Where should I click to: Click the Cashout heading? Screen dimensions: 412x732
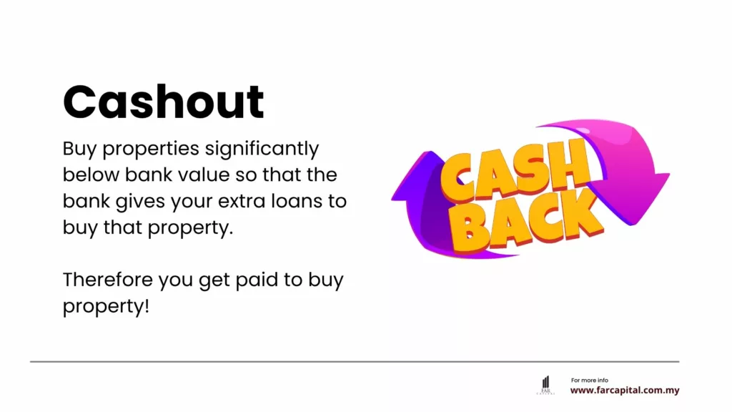coord(164,102)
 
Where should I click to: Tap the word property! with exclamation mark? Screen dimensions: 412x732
coord(107,306)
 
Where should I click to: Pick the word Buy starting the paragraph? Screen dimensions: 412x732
coord(79,149)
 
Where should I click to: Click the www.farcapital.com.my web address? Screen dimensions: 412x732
coord(624,391)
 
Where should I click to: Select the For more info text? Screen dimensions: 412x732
coord(590,380)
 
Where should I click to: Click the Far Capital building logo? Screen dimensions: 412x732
coord(545,384)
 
